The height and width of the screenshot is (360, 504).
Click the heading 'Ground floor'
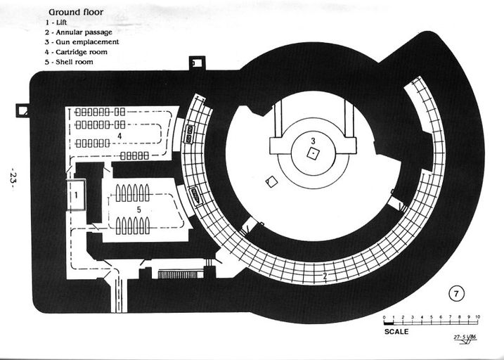75,12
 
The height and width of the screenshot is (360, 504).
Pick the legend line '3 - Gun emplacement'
82,42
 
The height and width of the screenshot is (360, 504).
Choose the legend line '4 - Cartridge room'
77,52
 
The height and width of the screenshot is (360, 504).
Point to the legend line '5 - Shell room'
69,62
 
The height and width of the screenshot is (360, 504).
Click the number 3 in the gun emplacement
314,141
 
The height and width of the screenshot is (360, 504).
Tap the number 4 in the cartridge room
120,134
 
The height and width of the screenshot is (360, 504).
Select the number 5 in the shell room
138,210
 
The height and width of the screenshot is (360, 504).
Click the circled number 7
456,292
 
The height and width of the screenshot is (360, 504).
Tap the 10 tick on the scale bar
478,317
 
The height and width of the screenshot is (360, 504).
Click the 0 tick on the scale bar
385,317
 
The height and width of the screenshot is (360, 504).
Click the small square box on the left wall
22,110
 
